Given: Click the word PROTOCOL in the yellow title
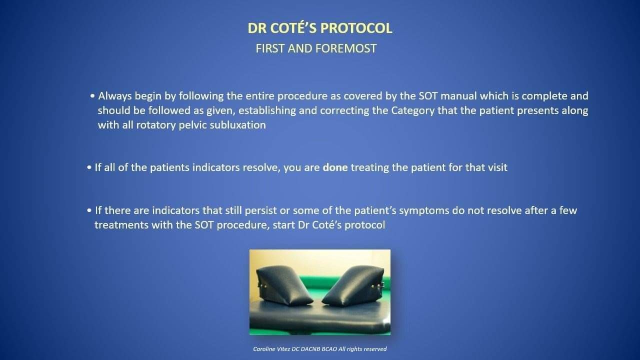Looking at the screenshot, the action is click(356, 28).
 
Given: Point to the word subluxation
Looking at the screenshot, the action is click(237, 125).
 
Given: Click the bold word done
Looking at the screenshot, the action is click(335, 167).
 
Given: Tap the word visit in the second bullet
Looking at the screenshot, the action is click(497, 167).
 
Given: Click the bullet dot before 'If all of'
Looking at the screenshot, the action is click(89, 167).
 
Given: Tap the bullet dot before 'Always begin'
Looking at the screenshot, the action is click(92, 96).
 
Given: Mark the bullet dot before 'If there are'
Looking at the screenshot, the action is click(89, 210).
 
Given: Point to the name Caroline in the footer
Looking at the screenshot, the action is click(263, 349).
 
